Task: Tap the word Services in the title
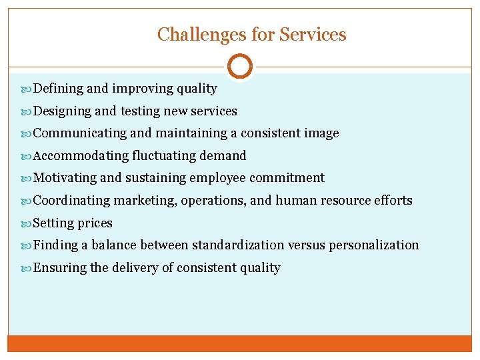(x=313, y=34)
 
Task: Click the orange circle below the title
(x=239, y=67)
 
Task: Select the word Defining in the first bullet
(x=58, y=89)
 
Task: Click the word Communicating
(x=79, y=133)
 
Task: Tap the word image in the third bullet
(x=323, y=133)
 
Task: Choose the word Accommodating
(x=81, y=156)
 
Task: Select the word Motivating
(x=65, y=178)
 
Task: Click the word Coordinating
(x=72, y=201)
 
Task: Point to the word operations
(x=213, y=201)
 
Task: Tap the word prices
(x=95, y=223)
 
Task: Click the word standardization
(x=238, y=245)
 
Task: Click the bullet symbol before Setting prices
(x=27, y=223)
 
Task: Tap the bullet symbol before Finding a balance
(x=27, y=245)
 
